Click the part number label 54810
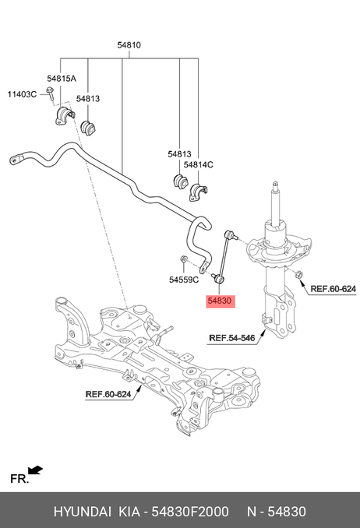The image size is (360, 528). click(x=129, y=45)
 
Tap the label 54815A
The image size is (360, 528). click(x=62, y=79)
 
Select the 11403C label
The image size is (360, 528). click(x=22, y=94)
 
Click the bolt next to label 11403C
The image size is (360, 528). click(x=50, y=93)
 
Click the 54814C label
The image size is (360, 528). click(x=198, y=164)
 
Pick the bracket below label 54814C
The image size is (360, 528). click(x=199, y=192)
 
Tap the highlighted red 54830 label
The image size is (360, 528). click(x=221, y=301)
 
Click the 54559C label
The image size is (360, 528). click(x=184, y=280)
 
